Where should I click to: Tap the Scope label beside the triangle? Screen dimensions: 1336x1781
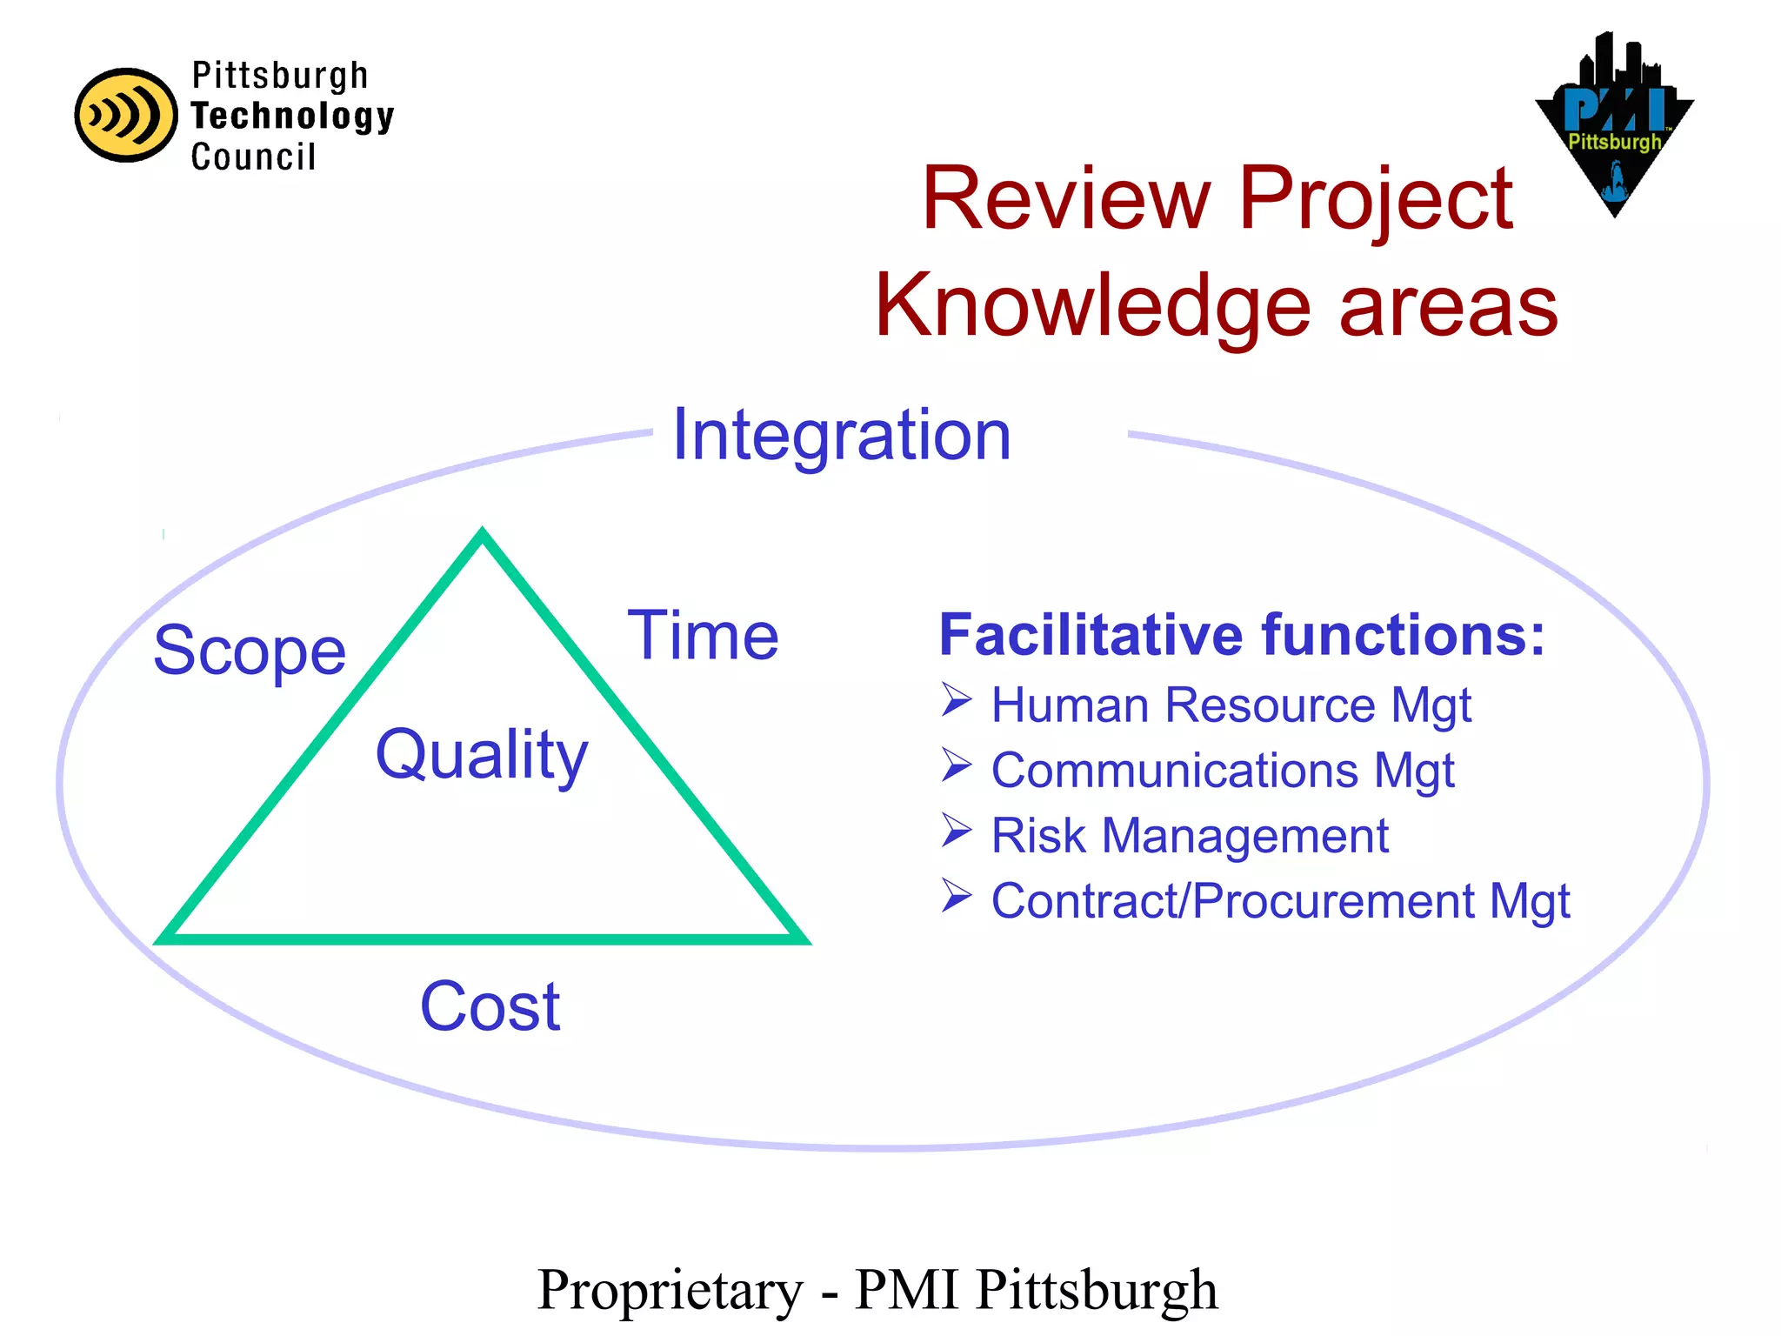coord(250,651)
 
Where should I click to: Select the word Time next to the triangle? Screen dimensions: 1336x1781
coord(703,636)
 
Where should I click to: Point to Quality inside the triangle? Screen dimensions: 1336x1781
coord(482,754)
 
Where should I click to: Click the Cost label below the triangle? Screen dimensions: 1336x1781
coord(490,1006)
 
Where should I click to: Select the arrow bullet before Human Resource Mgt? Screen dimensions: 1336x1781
coord(956,700)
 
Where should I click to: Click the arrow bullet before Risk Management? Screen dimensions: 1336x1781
coord(956,832)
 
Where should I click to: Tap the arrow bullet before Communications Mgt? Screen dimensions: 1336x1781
coord(956,765)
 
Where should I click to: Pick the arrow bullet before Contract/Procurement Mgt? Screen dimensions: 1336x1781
coord(956,896)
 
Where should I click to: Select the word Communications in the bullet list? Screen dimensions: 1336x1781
coord(1174,771)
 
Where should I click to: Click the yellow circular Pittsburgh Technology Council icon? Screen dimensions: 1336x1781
coord(126,116)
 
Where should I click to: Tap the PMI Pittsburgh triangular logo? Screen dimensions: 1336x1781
coord(1614,126)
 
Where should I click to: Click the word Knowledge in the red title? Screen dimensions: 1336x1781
coord(1092,306)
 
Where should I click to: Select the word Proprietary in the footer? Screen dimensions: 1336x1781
coord(670,1290)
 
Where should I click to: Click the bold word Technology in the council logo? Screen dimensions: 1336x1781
coord(292,116)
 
